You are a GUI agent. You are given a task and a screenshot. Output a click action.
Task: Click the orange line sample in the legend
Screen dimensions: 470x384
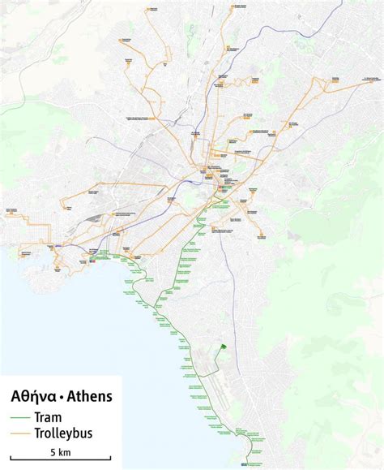20,433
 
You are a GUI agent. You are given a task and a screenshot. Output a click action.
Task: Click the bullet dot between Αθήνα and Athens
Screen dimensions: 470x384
61,399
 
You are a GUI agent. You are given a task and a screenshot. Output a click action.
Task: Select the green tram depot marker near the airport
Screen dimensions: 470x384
221,348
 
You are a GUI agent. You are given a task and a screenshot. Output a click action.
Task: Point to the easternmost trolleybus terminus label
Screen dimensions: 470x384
369,78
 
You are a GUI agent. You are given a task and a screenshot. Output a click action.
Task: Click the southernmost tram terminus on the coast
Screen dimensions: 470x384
245,465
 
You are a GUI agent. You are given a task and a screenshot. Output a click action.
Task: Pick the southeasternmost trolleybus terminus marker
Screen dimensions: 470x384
261,237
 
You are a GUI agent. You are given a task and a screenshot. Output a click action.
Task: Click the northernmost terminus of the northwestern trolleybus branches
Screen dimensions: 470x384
150,10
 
